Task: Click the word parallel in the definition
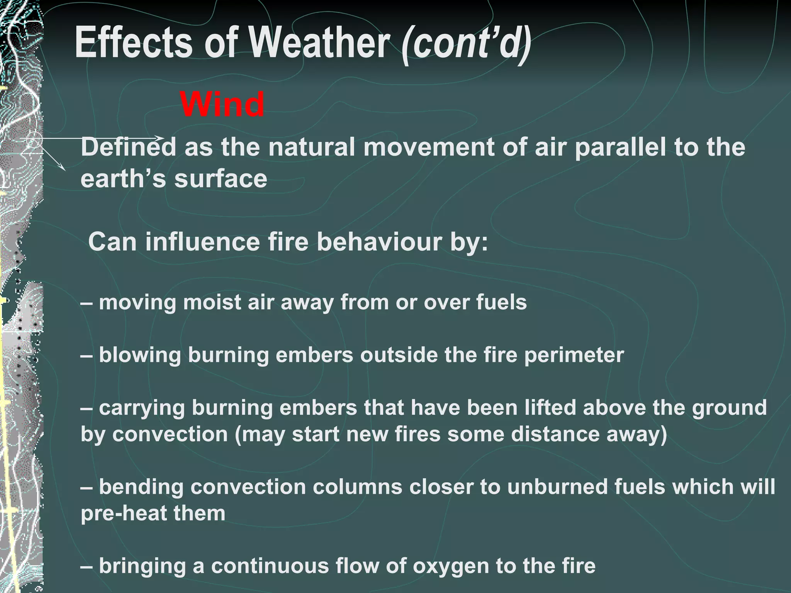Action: click(x=620, y=147)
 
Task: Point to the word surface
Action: click(x=221, y=179)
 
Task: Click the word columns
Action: click(x=357, y=486)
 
